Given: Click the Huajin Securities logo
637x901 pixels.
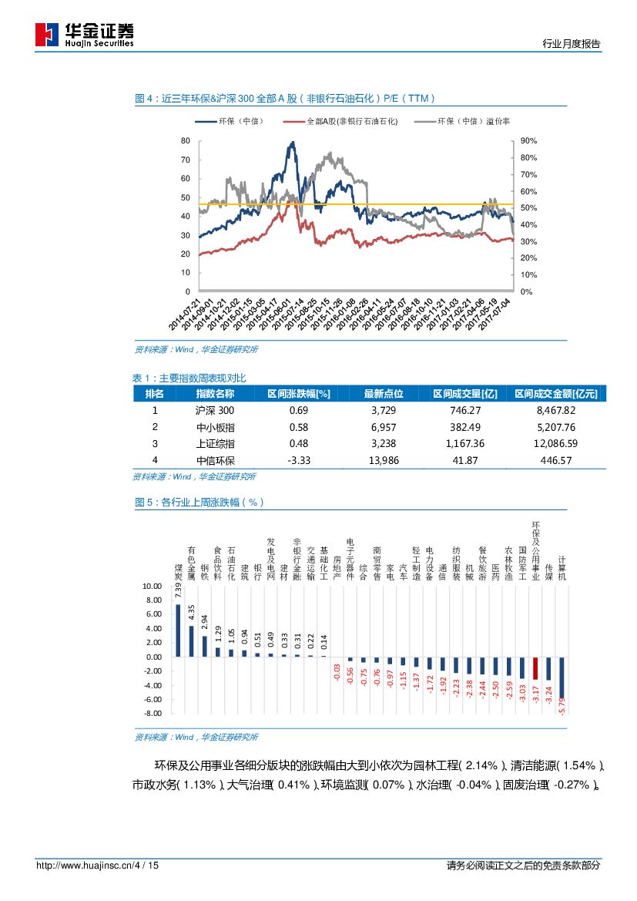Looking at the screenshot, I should [85, 34].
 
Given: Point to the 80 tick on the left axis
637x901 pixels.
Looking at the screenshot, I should [185, 141].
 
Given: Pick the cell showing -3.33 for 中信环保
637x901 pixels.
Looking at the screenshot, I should [298, 460].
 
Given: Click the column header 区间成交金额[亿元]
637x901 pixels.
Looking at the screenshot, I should [556, 393].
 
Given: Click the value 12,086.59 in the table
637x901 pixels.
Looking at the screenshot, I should [556, 443].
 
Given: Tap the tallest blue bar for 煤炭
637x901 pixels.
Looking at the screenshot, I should [178, 630].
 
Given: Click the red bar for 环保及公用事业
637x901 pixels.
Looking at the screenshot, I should [535, 667].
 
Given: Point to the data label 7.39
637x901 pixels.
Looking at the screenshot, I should [178, 590].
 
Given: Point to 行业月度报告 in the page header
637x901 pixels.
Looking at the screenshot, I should [572, 44].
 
